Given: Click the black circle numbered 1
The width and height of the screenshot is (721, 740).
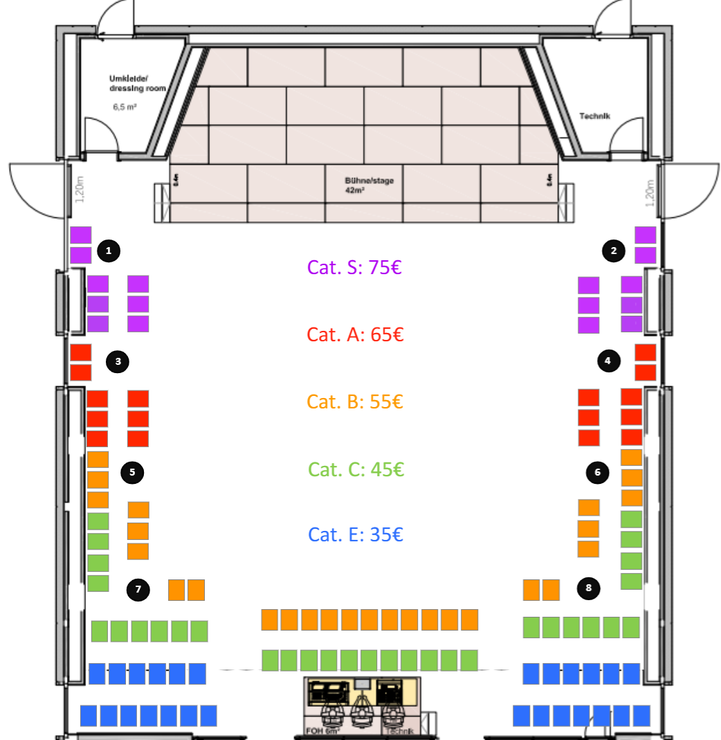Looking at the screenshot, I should point(109,251).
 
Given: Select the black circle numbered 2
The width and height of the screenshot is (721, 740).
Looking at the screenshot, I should point(614,251).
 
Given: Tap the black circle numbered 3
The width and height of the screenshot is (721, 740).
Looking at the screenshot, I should point(118,361).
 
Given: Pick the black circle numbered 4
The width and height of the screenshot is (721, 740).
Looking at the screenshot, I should point(608,360).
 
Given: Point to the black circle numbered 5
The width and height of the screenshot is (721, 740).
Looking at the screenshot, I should point(132,473).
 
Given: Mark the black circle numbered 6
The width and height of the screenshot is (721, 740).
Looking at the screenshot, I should point(597,473).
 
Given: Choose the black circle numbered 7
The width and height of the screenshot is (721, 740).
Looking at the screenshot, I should point(138,590).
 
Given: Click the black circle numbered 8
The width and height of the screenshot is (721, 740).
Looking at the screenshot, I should point(589,588).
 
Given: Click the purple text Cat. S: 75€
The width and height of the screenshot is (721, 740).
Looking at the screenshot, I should point(354,267).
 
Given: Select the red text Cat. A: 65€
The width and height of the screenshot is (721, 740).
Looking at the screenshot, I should point(354,335).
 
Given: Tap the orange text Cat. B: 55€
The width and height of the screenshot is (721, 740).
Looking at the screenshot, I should point(354,401).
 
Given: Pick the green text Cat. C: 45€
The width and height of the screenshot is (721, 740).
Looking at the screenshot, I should point(355,469).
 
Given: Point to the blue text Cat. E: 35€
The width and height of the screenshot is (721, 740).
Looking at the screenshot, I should point(354,535).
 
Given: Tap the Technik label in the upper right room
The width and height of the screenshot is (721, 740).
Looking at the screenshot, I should point(594,116).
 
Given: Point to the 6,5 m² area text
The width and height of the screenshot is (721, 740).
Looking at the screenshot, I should point(125,107).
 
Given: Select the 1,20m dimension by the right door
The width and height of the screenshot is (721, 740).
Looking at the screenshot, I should point(648,190).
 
